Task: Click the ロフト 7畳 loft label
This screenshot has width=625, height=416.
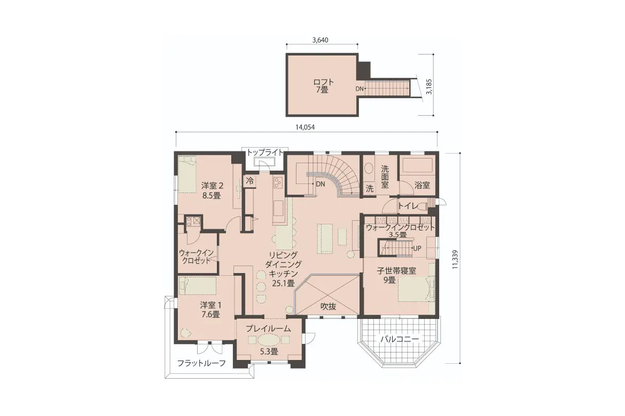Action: point(323,86)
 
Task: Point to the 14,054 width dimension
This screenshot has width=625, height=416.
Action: point(305,127)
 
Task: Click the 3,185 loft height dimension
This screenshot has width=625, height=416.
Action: point(429,86)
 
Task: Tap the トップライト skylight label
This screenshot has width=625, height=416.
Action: point(265,152)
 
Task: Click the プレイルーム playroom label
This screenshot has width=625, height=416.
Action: point(268,329)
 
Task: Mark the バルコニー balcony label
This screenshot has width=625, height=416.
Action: point(399,339)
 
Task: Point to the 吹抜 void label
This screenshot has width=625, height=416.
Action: point(329,306)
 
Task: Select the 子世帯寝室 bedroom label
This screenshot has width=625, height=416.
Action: point(396,271)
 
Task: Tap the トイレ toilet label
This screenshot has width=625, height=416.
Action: point(408,206)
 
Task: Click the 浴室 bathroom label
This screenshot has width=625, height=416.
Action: point(422,185)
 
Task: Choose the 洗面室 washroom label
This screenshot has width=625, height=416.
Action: point(385,177)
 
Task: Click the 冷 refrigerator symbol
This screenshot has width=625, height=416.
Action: point(250,181)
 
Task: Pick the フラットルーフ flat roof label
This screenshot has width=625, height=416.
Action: point(201,363)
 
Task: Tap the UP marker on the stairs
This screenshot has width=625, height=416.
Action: point(417,249)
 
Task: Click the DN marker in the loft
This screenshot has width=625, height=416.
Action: point(359,89)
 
